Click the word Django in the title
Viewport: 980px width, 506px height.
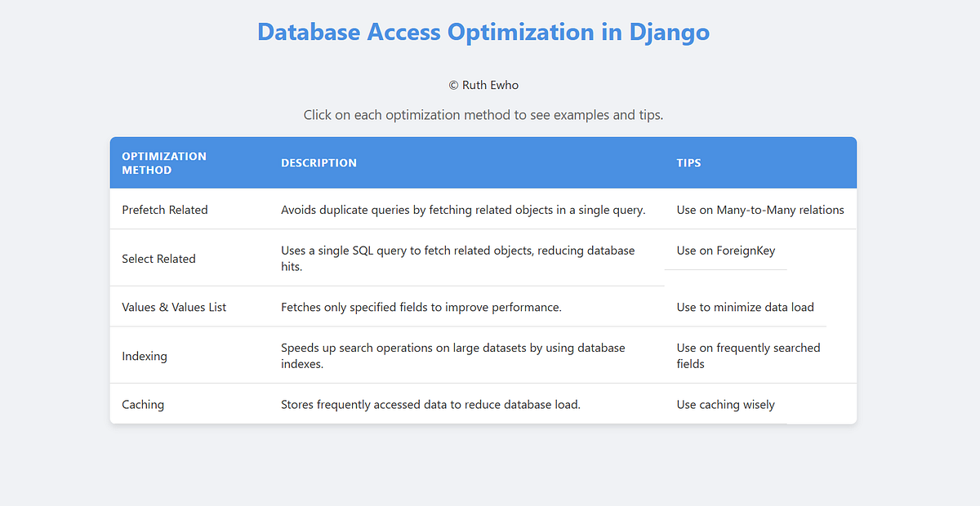point(669,32)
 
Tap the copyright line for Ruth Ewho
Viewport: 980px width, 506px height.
point(483,85)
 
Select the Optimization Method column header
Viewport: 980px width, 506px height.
point(164,162)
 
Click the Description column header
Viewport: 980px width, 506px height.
point(318,162)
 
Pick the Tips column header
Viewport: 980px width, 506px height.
point(688,162)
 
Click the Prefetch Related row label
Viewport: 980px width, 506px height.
point(165,210)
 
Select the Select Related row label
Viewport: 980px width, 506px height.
point(158,259)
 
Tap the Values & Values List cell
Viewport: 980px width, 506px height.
point(174,307)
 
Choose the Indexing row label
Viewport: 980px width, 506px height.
point(145,356)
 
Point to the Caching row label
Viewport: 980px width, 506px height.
point(143,404)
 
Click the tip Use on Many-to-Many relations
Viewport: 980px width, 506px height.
point(760,210)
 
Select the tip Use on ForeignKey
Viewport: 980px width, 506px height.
point(726,251)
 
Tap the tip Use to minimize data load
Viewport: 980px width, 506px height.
point(745,307)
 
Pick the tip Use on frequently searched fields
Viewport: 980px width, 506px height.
point(748,356)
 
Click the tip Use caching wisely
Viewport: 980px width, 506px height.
point(725,404)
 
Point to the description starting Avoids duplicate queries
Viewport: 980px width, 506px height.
point(463,210)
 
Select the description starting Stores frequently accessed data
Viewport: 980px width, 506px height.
point(430,404)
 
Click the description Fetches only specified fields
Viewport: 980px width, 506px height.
point(421,307)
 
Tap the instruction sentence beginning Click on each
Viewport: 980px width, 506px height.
point(483,115)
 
